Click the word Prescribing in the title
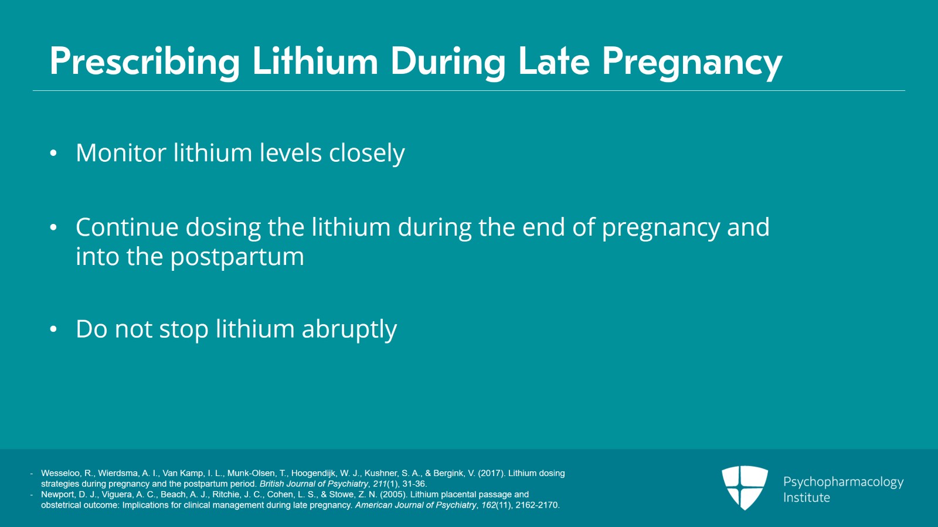(145, 62)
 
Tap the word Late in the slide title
(553, 62)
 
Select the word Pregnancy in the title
(692, 62)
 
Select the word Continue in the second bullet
(127, 227)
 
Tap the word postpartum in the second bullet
(237, 257)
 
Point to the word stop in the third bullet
(184, 329)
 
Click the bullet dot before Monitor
(53, 154)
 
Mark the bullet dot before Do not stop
(53, 329)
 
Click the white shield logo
(745, 487)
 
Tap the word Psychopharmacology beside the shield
(843, 482)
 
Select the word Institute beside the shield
(807, 498)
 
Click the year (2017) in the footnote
(491, 473)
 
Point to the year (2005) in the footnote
(393, 494)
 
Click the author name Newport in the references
(57, 494)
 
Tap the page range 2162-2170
(537, 505)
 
